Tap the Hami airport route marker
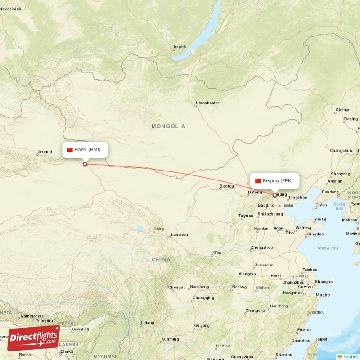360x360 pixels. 85,164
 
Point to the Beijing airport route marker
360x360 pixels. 274,195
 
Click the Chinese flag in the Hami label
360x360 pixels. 70,149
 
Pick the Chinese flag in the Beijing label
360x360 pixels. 258,180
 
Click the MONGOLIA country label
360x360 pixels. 168,126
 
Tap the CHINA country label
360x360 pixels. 161,260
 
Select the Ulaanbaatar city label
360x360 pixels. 207,103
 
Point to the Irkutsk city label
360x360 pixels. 180,47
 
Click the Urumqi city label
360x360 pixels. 45,152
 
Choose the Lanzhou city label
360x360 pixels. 179,235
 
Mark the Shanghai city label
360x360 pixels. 324,281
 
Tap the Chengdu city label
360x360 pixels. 177,287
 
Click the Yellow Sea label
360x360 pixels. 327,248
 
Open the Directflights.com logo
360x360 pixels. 34,338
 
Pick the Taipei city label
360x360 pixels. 321,339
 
